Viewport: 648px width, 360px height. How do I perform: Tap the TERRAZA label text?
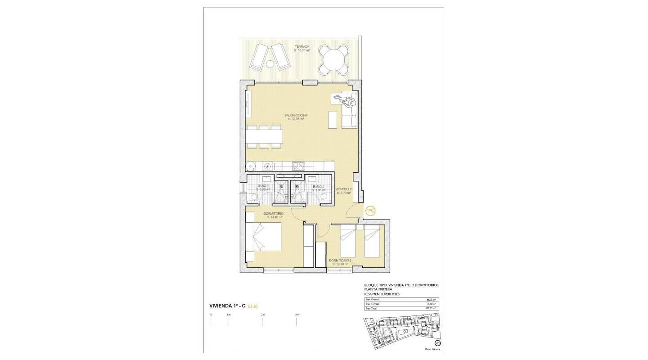[302, 47]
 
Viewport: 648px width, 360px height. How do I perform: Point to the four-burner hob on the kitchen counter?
[298, 166]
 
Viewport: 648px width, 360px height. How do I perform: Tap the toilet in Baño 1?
[250, 197]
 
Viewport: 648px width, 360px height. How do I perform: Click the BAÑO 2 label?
[318, 186]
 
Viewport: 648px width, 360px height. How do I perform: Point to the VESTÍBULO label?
[344, 189]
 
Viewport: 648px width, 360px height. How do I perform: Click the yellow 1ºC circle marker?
[370, 211]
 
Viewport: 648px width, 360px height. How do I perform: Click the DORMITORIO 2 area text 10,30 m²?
[340, 264]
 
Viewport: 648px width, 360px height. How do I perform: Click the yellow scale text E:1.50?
[252, 306]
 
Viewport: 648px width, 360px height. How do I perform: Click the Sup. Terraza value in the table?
[434, 304]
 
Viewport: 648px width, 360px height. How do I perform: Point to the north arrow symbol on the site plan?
[437, 343]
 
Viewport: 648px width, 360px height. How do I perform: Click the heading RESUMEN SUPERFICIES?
[382, 294]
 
